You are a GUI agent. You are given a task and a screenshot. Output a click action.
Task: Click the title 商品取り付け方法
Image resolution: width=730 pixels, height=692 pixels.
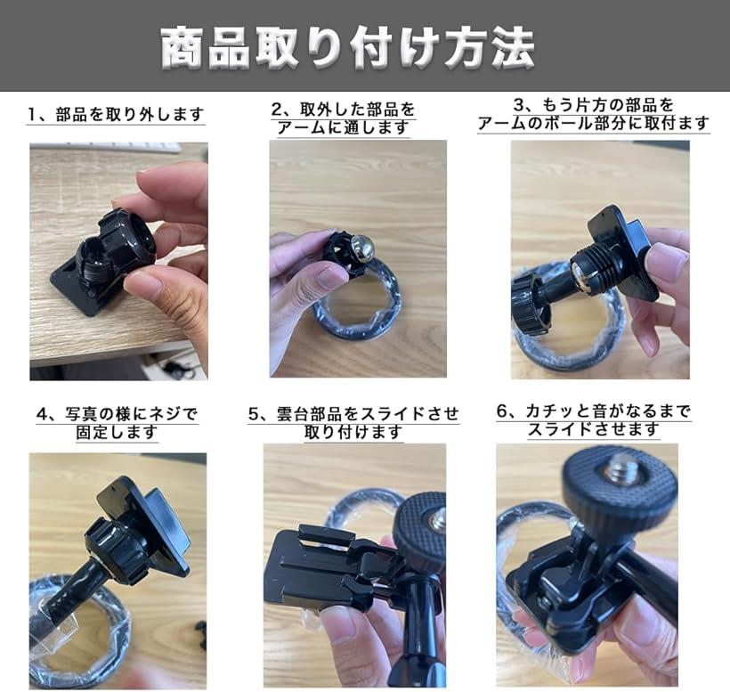click(347, 47)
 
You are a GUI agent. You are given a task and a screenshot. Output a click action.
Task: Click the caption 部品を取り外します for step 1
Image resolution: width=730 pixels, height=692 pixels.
click(116, 115)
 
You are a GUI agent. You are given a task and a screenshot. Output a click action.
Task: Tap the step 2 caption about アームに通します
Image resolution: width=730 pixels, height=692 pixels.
click(344, 118)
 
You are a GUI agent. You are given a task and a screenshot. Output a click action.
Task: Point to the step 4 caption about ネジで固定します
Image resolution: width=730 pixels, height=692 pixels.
click(117, 423)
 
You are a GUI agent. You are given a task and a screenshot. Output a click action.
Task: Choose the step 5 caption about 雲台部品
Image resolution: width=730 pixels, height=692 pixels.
click(353, 423)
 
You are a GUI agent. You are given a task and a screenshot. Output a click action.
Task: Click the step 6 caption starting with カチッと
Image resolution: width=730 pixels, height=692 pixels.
click(594, 420)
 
